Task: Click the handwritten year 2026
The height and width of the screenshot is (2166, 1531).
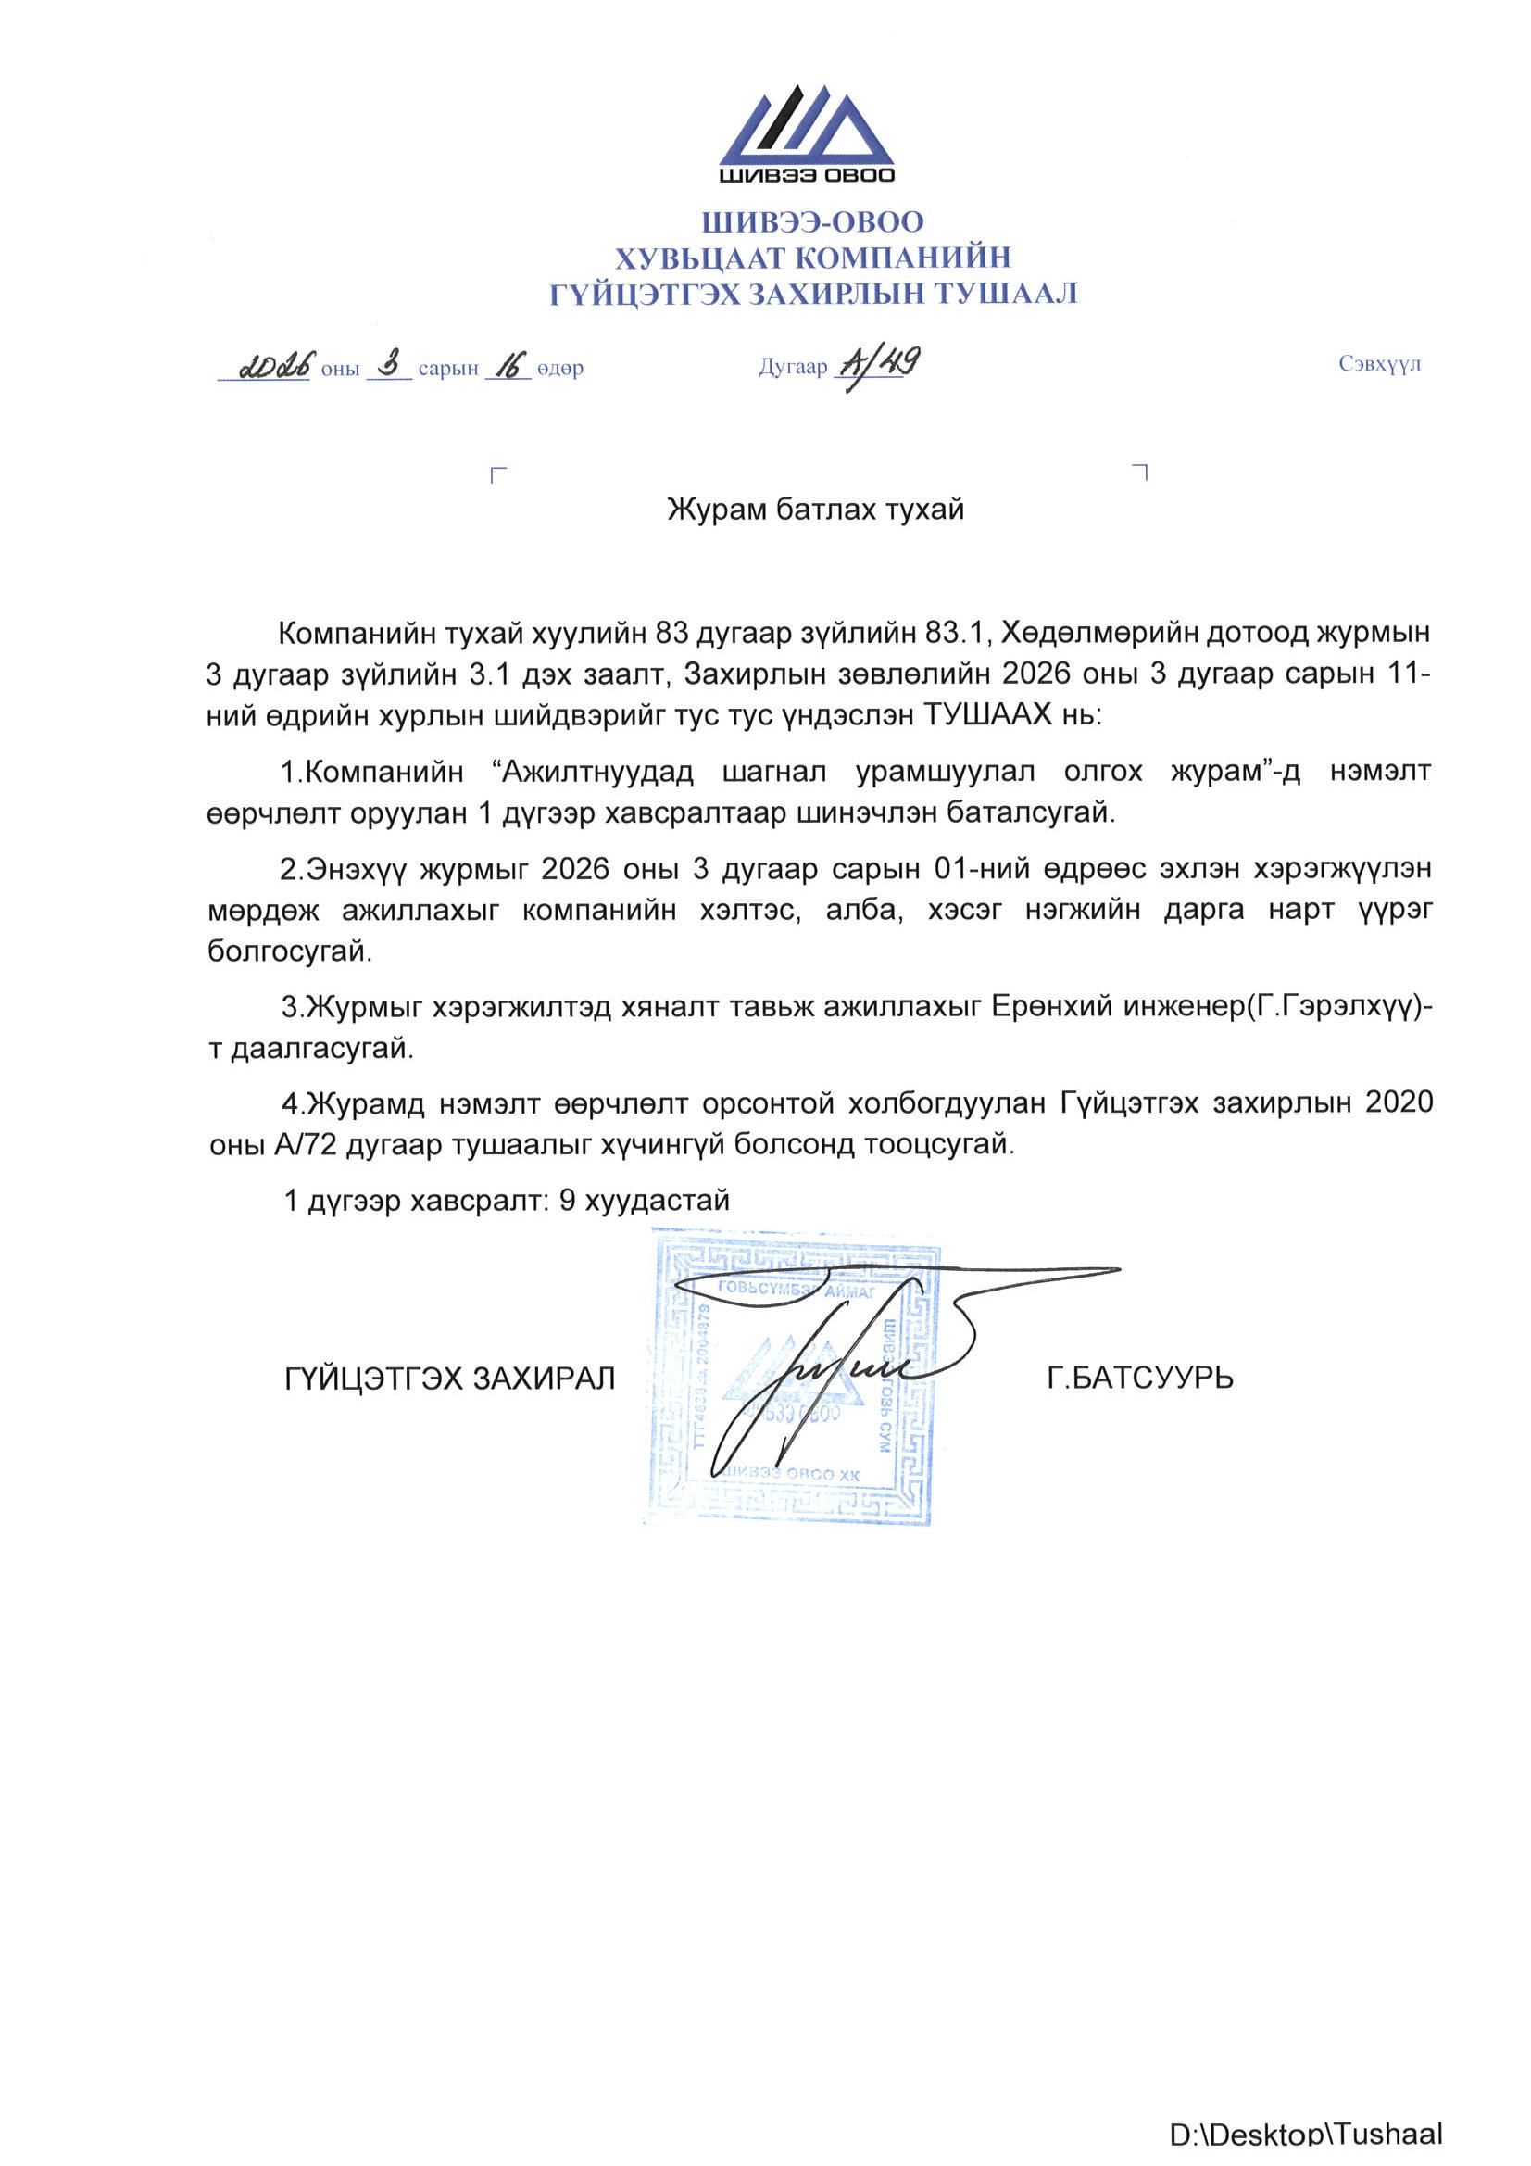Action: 275,365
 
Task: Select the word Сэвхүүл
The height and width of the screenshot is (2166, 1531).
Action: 1378,364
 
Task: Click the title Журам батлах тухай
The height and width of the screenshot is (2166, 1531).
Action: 815,510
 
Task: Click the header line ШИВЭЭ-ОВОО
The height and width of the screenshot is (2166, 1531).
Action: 812,221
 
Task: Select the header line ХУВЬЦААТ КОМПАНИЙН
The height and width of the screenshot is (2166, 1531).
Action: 812,257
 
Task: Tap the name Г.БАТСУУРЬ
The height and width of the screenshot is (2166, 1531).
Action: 1139,1379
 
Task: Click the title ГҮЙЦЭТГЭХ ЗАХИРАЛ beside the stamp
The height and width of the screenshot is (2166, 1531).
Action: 450,1379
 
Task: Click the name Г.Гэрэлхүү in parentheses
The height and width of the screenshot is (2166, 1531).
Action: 1330,1007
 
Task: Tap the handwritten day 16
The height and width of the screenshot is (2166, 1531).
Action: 508,365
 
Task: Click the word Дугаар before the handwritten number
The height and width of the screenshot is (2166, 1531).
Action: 793,367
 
